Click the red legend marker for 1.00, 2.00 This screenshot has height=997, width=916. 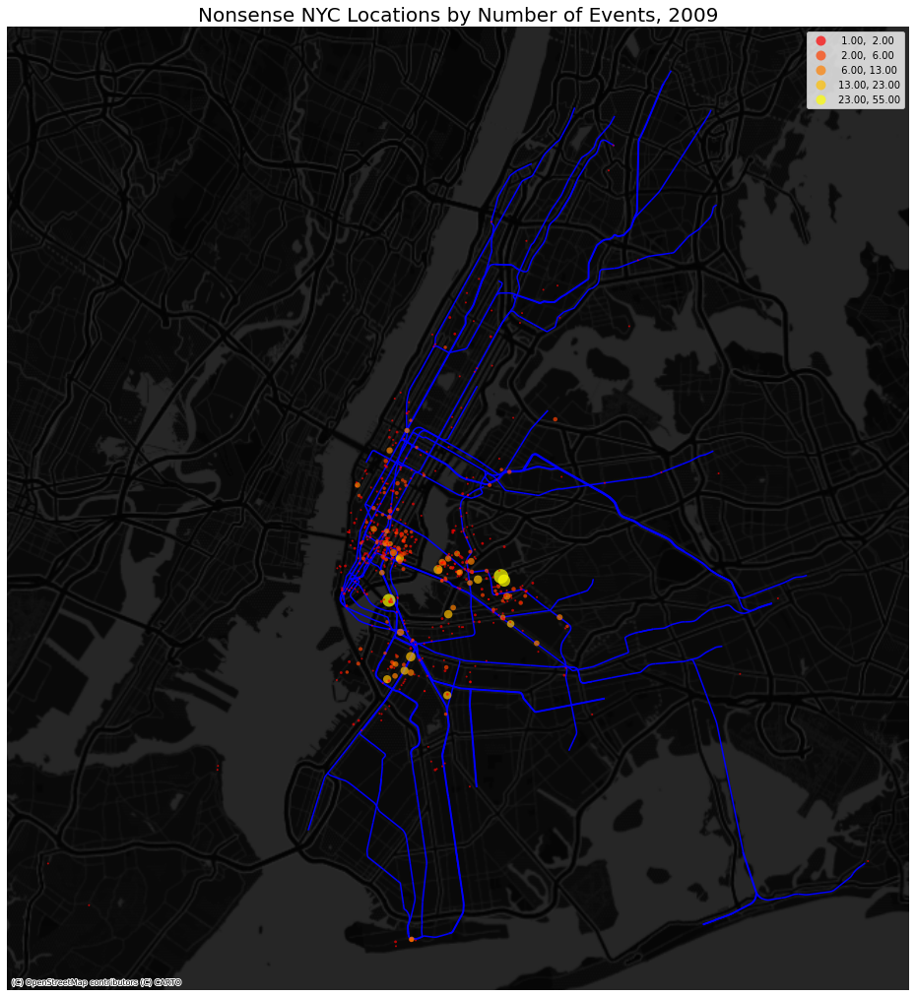click(x=820, y=40)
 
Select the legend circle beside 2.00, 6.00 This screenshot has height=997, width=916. click(x=820, y=56)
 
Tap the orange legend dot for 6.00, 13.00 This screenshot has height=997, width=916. click(x=820, y=71)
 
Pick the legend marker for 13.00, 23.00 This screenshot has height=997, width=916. click(x=820, y=86)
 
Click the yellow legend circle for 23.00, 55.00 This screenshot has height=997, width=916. click(x=820, y=100)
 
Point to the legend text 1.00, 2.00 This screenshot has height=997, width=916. click(x=867, y=40)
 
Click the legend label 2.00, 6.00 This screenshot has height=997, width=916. click(x=867, y=56)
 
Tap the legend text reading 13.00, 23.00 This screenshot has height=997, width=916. click(x=869, y=86)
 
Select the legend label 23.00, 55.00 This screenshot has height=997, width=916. click(x=869, y=100)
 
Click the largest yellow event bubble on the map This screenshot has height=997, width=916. click(x=502, y=578)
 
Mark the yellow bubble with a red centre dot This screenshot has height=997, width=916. click(x=389, y=600)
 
